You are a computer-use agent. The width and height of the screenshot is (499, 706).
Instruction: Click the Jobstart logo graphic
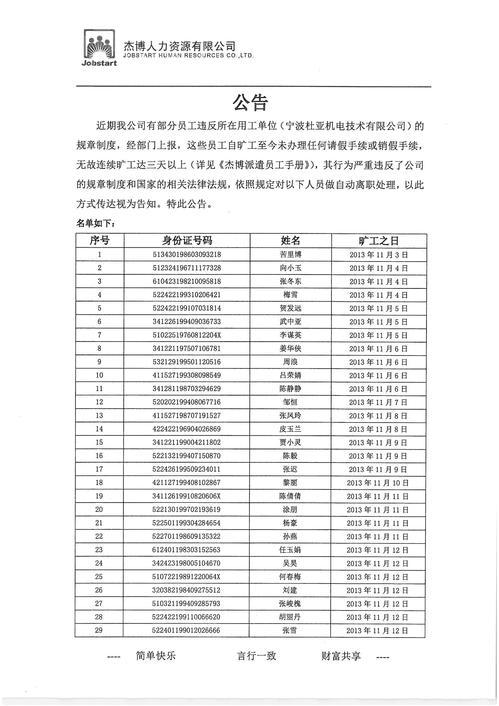(99, 48)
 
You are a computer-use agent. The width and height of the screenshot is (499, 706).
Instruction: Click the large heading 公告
(250, 102)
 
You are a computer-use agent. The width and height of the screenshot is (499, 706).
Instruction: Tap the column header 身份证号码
(187, 240)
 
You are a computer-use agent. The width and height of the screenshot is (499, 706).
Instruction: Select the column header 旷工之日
(379, 241)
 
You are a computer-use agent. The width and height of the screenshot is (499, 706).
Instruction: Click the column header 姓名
(290, 240)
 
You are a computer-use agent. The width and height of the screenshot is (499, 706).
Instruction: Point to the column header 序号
(100, 240)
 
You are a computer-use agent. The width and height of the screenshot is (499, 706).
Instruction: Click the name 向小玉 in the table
(290, 268)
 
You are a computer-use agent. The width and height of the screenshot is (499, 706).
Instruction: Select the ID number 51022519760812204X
(187, 335)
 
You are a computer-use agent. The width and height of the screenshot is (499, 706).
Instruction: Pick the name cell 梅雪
(290, 295)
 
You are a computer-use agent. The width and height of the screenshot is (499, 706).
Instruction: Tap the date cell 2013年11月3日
(379, 255)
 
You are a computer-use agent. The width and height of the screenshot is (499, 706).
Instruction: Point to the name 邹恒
(290, 402)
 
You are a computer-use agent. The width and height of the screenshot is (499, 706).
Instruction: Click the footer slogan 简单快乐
(155, 656)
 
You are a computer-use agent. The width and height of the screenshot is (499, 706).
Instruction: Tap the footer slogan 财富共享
(341, 656)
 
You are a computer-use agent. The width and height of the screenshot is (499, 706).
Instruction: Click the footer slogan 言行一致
(256, 656)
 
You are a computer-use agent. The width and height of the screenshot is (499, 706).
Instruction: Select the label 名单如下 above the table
(96, 223)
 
